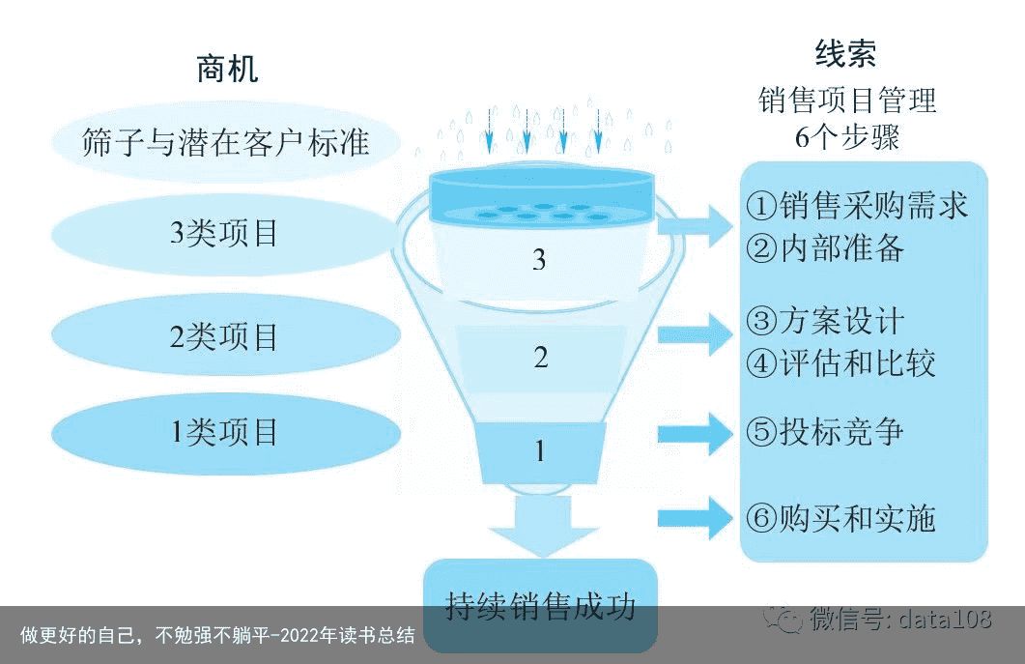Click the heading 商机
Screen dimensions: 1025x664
(x=227, y=69)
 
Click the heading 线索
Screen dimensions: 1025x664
(x=846, y=53)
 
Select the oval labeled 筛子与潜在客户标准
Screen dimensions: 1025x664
(x=225, y=143)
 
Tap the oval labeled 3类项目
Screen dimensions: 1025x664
(x=225, y=234)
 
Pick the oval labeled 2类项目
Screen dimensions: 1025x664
(x=225, y=336)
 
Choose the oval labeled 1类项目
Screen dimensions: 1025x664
(x=225, y=432)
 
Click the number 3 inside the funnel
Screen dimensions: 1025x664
(x=539, y=260)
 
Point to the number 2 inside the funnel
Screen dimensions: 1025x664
(x=541, y=358)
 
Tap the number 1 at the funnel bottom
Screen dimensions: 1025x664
(x=540, y=450)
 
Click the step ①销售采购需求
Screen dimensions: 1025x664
(x=857, y=206)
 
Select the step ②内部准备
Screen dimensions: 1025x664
(x=826, y=248)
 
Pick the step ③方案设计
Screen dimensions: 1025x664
(x=826, y=321)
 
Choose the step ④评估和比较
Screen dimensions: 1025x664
(x=841, y=363)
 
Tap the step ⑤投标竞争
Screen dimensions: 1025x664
(x=826, y=432)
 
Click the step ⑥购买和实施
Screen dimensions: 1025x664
(x=841, y=519)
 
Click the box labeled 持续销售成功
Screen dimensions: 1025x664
(x=541, y=605)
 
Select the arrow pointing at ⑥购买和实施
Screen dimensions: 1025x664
(x=696, y=518)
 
